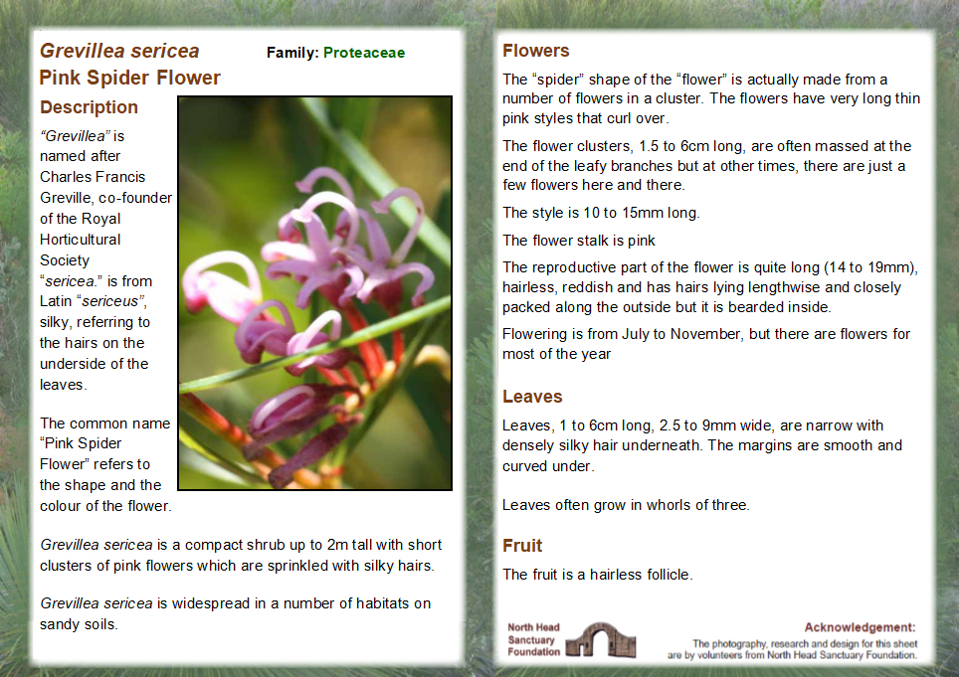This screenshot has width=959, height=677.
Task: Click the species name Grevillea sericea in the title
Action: tap(119, 51)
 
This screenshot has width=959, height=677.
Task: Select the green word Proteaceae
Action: tap(364, 53)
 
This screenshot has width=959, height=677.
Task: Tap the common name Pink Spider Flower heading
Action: tap(130, 78)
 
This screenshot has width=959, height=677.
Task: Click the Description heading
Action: tap(89, 107)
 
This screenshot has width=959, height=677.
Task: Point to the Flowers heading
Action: tap(536, 51)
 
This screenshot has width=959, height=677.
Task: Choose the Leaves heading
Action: tap(532, 397)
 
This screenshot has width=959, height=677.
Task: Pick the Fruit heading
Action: tap(522, 546)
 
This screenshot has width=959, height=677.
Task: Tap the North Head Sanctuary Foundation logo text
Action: tap(534, 640)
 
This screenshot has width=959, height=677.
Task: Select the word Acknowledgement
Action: tap(860, 627)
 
